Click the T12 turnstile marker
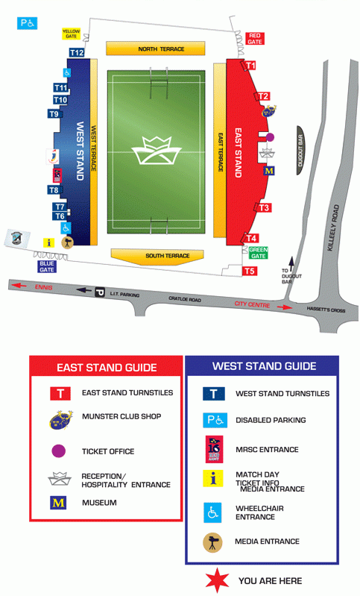point(77,53)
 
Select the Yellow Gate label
point(72,34)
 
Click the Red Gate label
point(255,39)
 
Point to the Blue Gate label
point(47,266)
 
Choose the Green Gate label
point(258,254)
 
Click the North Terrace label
point(155,49)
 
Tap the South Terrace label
point(157,256)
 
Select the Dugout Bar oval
point(301,150)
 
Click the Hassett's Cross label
point(329,309)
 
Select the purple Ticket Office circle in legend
point(60,451)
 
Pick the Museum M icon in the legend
point(59,503)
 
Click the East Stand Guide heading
point(107,367)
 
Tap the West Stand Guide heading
point(264,366)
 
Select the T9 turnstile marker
point(54,114)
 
